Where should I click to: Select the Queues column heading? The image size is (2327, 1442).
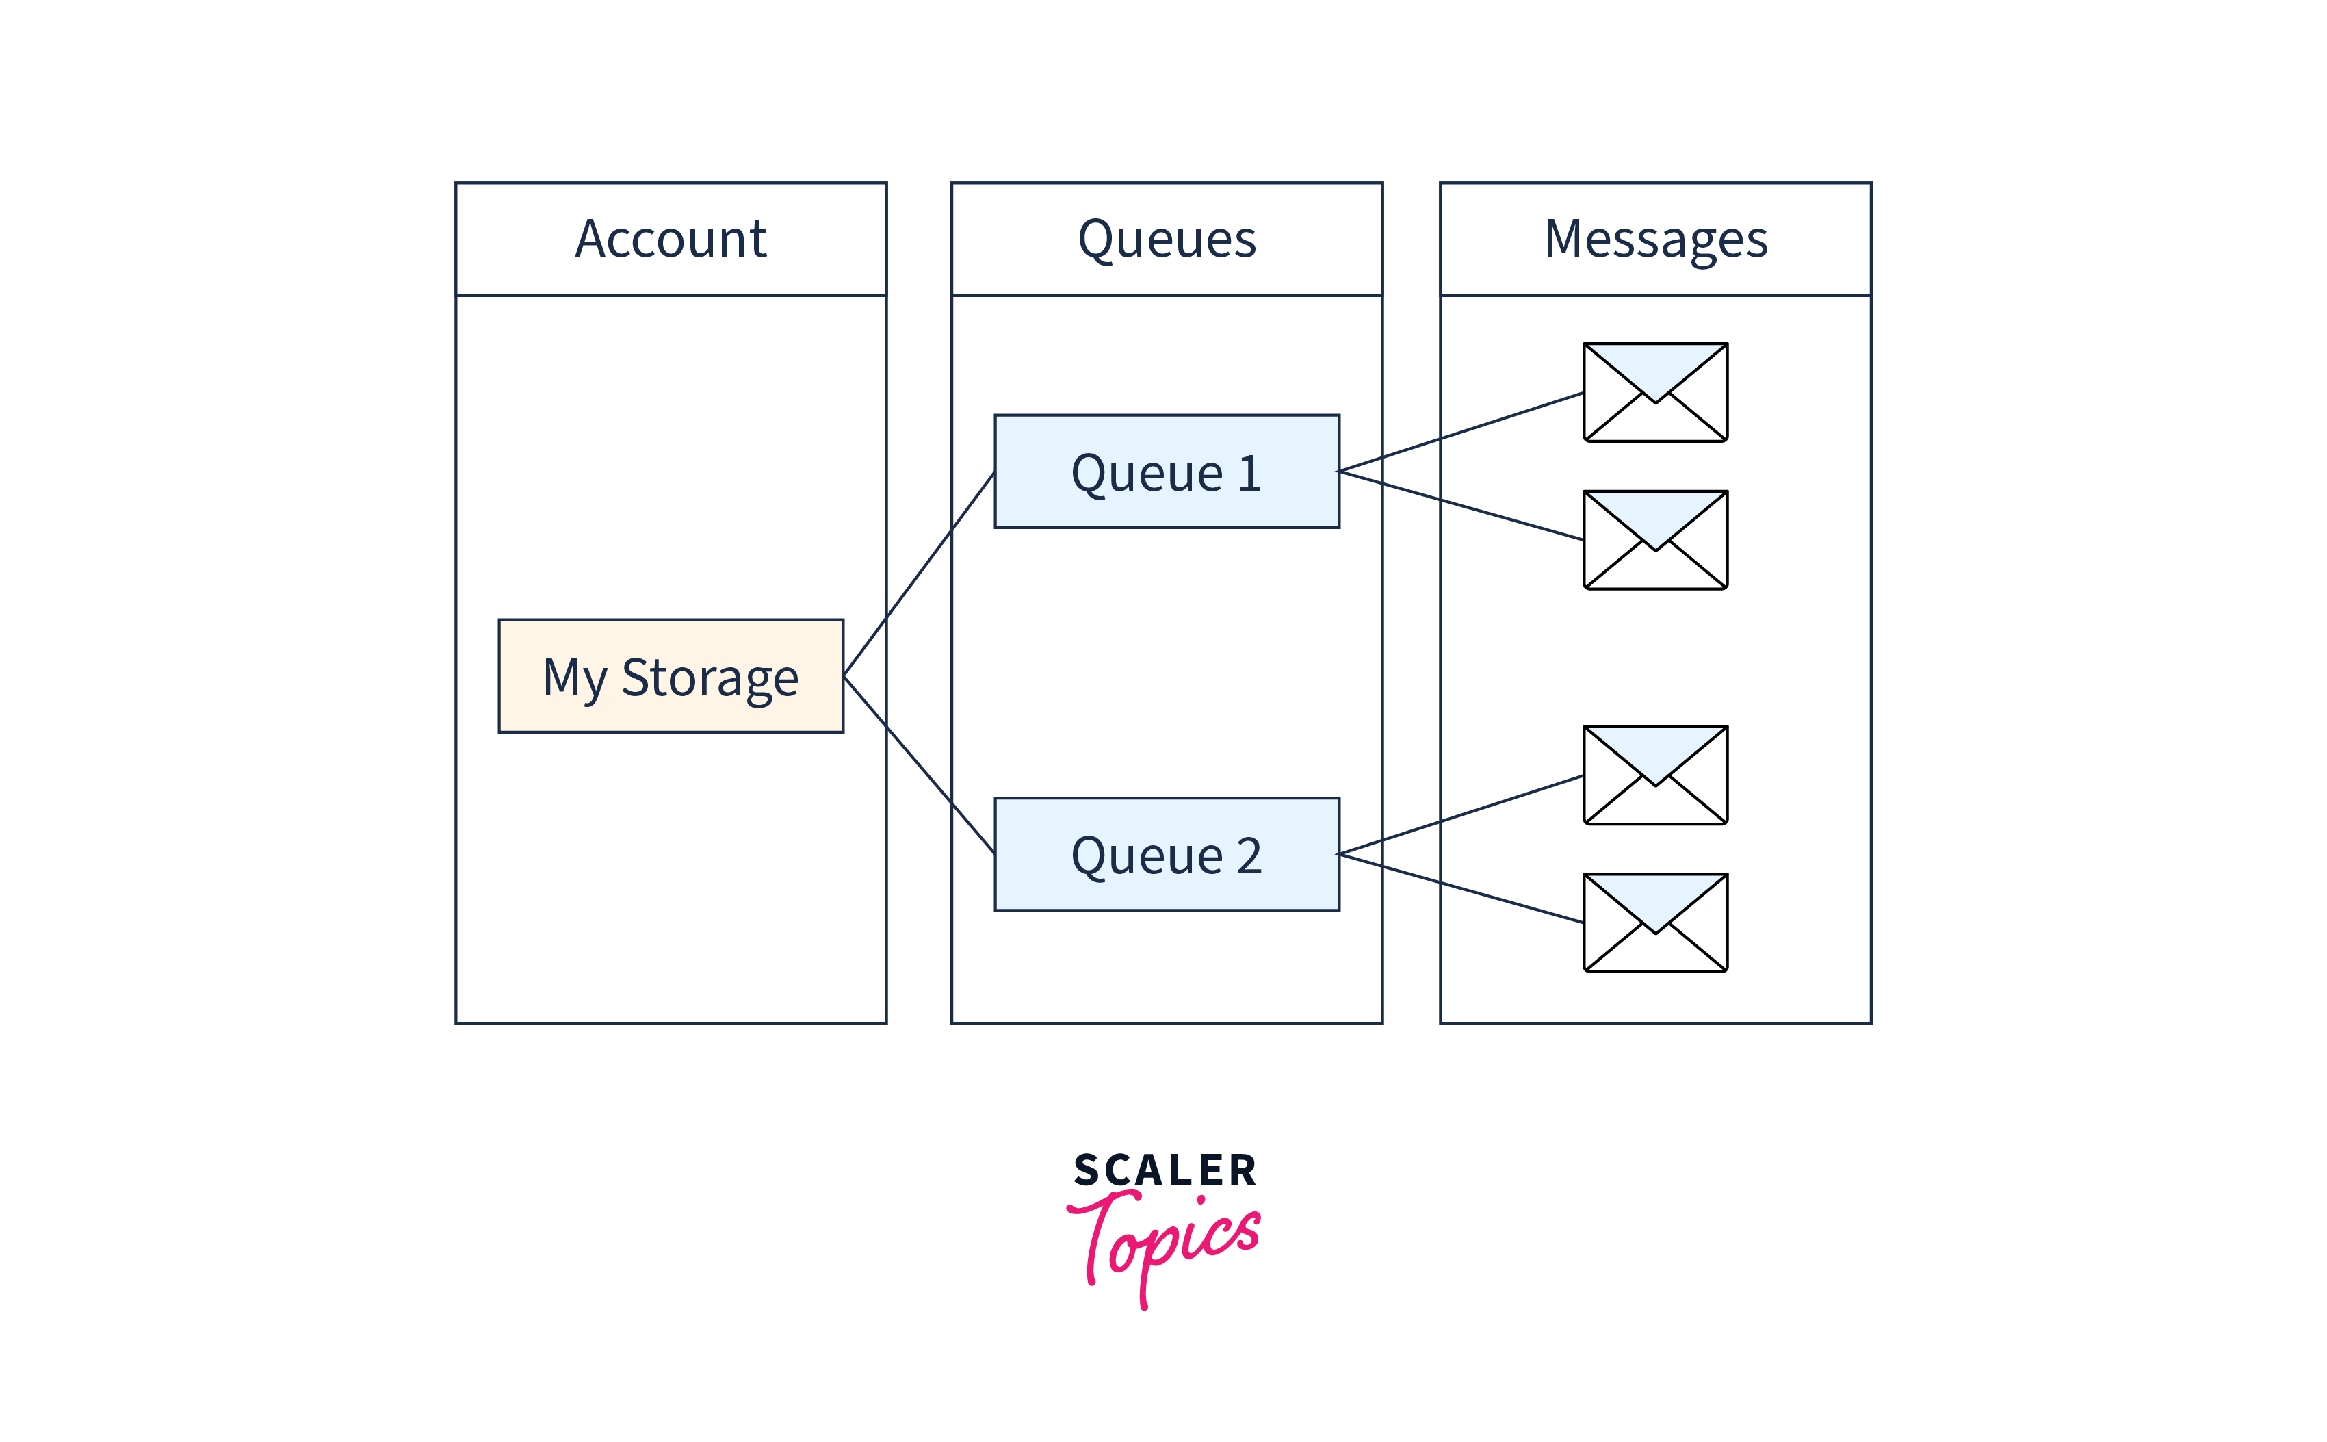[x=1166, y=238]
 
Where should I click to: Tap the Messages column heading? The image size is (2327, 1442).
[x=1655, y=238]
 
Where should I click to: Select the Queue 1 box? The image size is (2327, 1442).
[x=1166, y=471]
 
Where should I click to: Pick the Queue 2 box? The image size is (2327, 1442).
[x=1166, y=853]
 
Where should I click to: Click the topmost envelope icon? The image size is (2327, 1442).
[x=1655, y=392]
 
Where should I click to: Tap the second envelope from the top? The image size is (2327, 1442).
[x=1655, y=540]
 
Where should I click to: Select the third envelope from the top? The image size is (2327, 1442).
[x=1655, y=775]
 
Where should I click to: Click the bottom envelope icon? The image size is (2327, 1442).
[x=1655, y=923]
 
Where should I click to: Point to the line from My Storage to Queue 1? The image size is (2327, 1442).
[x=919, y=574]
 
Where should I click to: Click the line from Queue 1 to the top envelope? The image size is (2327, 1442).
[x=1461, y=432]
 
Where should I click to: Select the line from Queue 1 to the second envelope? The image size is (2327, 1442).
[x=1461, y=506]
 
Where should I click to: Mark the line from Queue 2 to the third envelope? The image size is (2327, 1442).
[x=1461, y=814]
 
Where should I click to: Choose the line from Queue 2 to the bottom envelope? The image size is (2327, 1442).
[x=1461, y=888]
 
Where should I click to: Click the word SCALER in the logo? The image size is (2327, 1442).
[x=1165, y=1170]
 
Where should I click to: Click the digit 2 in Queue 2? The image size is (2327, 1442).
[x=1249, y=855]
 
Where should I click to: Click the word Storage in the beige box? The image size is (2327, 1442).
[x=710, y=678]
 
